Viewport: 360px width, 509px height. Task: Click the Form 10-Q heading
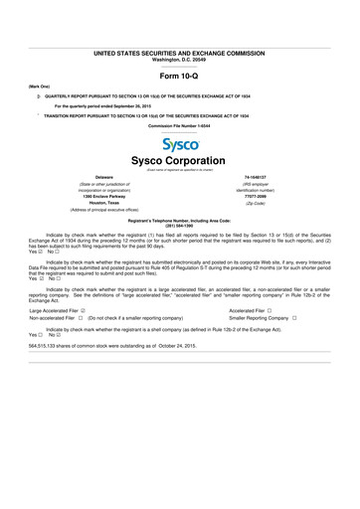click(180, 76)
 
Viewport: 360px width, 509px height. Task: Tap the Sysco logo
click(180, 144)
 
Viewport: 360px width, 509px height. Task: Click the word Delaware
click(90, 180)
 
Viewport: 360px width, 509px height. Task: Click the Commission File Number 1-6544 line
click(180, 127)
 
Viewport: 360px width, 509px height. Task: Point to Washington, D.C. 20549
click(180, 60)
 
